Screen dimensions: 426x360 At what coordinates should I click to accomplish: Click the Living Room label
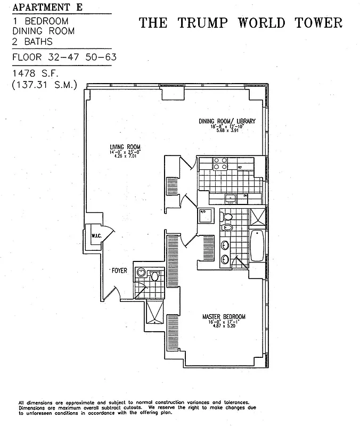125,148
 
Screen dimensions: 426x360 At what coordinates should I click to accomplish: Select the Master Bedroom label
224,317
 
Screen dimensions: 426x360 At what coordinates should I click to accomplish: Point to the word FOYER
119,271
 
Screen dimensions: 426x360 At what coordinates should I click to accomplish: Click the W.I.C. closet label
96,235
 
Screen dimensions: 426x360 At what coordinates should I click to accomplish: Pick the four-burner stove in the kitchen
220,163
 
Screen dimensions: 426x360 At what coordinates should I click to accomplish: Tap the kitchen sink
230,199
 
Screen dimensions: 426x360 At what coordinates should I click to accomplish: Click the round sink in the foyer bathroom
141,272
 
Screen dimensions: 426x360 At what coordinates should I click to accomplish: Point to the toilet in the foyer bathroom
155,275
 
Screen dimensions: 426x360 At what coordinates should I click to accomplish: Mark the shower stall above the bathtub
257,217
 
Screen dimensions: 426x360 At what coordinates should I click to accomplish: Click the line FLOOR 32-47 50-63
64,56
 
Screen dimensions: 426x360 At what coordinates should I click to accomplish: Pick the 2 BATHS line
31,40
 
